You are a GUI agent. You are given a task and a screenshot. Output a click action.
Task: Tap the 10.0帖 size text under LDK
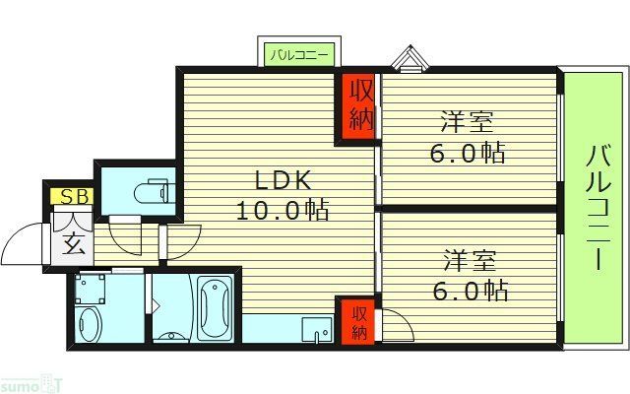tap(282, 210)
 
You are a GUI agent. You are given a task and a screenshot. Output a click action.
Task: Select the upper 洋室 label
tap(467, 123)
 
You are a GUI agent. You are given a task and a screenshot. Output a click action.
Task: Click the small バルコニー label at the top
tap(298, 54)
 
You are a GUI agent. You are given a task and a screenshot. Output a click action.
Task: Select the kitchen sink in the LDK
tap(316, 329)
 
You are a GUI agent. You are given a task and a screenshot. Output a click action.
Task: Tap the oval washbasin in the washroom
tap(90, 324)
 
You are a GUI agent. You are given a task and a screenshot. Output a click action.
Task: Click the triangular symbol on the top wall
tap(408, 60)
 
